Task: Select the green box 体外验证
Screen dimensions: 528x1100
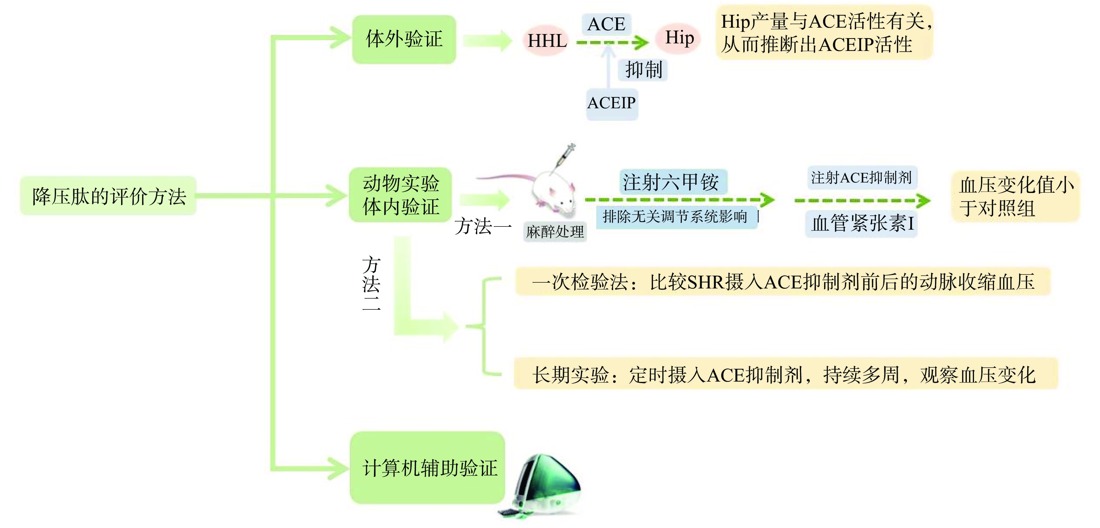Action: coord(404,39)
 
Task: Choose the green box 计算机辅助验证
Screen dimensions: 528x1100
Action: coord(428,468)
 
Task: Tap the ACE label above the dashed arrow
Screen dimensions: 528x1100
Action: coord(606,24)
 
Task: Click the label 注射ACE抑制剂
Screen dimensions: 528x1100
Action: coord(861,177)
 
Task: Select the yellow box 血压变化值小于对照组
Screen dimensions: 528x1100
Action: coord(1015,196)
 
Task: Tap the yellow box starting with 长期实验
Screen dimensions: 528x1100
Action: coord(785,375)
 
